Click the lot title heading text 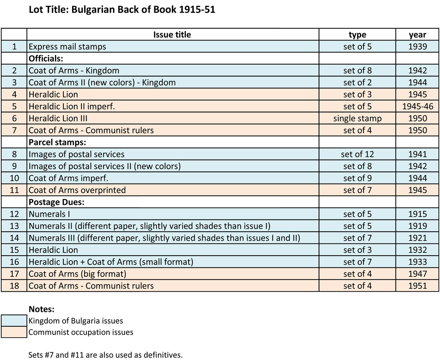pyautogui.click(x=122, y=9)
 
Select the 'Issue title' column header pyautogui.click(x=172, y=35)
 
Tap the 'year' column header pyautogui.click(x=417, y=35)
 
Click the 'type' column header pyautogui.click(x=357, y=35)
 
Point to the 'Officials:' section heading pyautogui.click(x=46, y=58)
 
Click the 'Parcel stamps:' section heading pyautogui.click(x=57, y=142)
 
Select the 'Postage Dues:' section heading pyautogui.click(x=56, y=202)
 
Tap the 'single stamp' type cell pyautogui.click(x=357, y=118)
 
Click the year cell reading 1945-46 pyautogui.click(x=418, y=106)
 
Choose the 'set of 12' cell pyautogui.click(x=357, y=154)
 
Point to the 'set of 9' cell pyautogui.click(x=357, y=178)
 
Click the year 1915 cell pyautogui.click(x=418, y=214)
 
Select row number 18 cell pyautogui.click(x=14, y=286)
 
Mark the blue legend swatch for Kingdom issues pyautogui.click(x=14, y=320)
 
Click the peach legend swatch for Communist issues pyautogui.click(x=14, y=332)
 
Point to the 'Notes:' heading pyautogui.click(x=41, y=309)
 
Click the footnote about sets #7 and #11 pyautogui.click(x=105, y=355)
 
